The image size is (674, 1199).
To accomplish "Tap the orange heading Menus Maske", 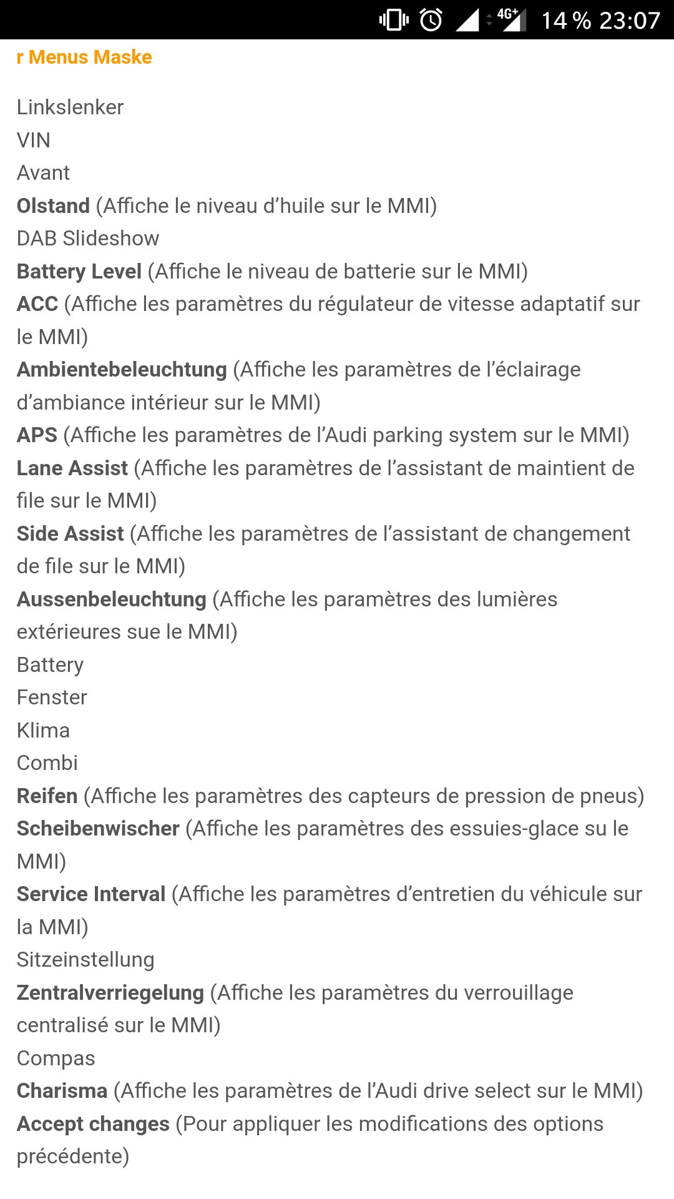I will pos(84,57).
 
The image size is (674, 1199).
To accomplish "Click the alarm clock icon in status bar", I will pos(431,20).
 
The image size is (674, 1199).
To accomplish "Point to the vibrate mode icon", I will pos(394,20).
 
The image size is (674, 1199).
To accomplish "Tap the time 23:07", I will pos(629,21).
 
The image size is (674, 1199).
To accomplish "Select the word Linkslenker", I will pos(70,107).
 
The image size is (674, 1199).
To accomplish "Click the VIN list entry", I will pos(34,141).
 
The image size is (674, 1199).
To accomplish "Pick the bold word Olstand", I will pos(54,206).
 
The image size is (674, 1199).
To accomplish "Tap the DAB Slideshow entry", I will pos(88,239).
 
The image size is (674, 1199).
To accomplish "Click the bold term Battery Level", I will pos(79,272).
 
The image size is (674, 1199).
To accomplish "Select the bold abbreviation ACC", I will pos(37,304).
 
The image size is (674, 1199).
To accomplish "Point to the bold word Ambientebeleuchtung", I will pos(122,370).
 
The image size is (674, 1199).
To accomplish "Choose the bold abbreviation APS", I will pos(37,435).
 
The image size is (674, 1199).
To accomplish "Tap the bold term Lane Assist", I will pos(72,468).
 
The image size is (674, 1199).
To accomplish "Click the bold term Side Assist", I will pos(71,534).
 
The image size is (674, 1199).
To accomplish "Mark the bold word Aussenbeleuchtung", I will pos(112,599).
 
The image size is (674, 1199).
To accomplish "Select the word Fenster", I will pos(52,698).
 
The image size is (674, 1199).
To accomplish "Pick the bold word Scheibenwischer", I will pos(98,829).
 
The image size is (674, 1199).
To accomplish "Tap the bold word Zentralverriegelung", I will pos(110,993).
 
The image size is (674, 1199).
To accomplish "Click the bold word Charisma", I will pos(62,1091).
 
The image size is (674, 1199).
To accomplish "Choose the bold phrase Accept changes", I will pos(93,1124).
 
